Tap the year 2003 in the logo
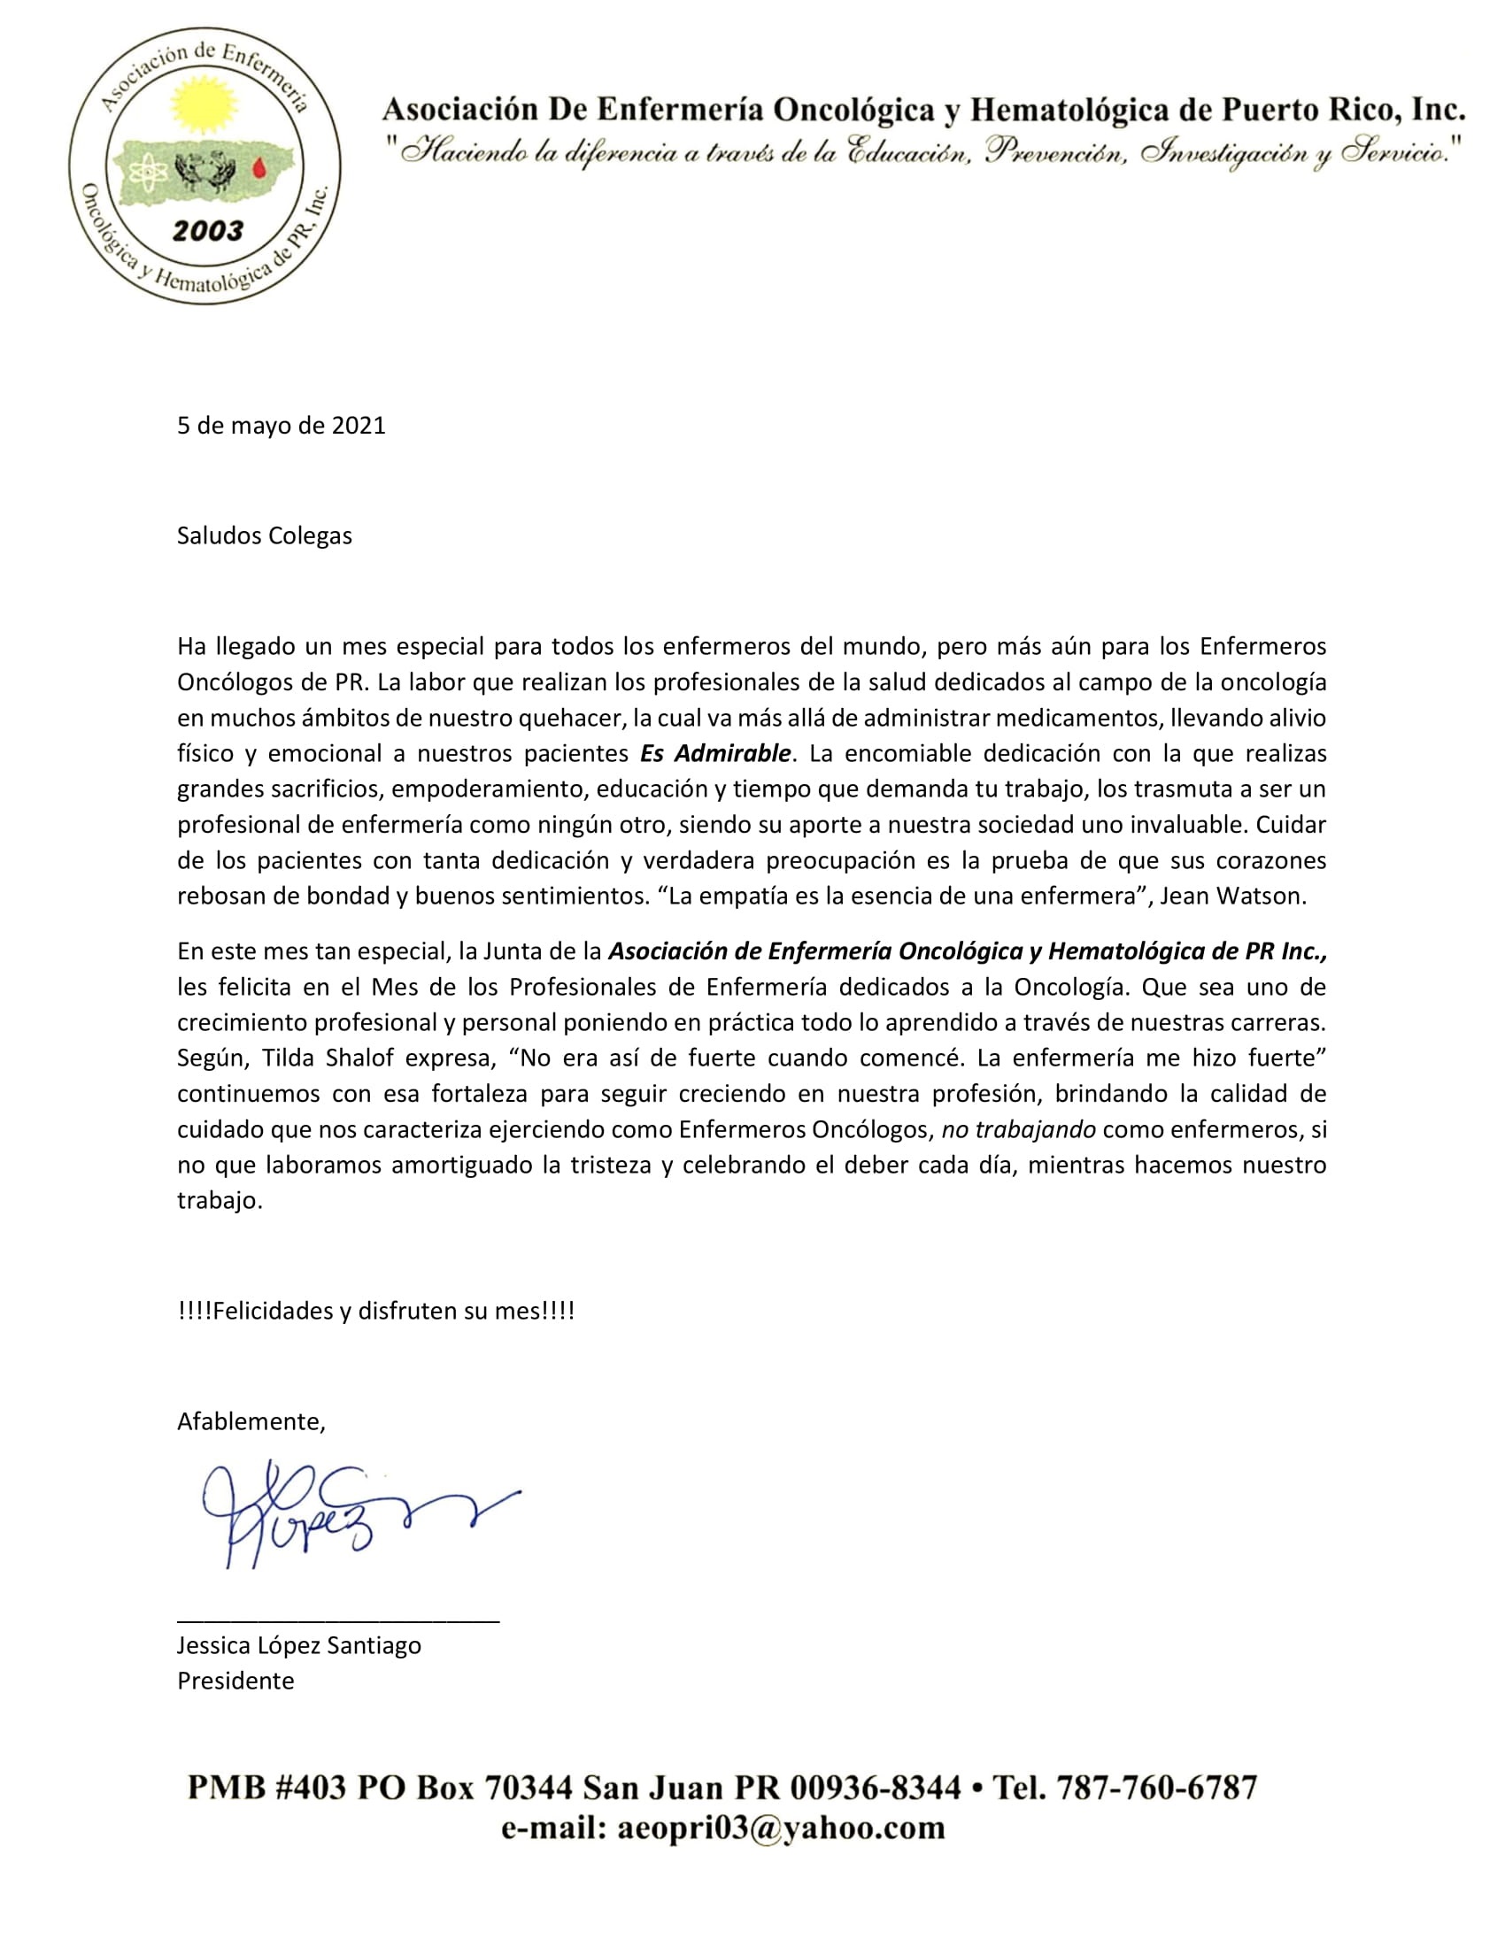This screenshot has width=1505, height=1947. [208, 232]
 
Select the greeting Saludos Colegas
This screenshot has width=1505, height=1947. [264, 535]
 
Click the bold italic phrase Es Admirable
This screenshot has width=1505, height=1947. [715, 753]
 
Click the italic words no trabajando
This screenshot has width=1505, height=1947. [1018, 1129]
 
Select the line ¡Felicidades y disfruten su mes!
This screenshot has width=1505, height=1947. [375, 1312]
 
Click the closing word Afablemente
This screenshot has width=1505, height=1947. [251, 1421]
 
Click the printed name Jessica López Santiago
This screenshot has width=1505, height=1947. [298, 1645]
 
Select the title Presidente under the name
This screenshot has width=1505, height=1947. [235, 1681]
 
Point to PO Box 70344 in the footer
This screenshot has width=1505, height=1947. [465, 1788]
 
